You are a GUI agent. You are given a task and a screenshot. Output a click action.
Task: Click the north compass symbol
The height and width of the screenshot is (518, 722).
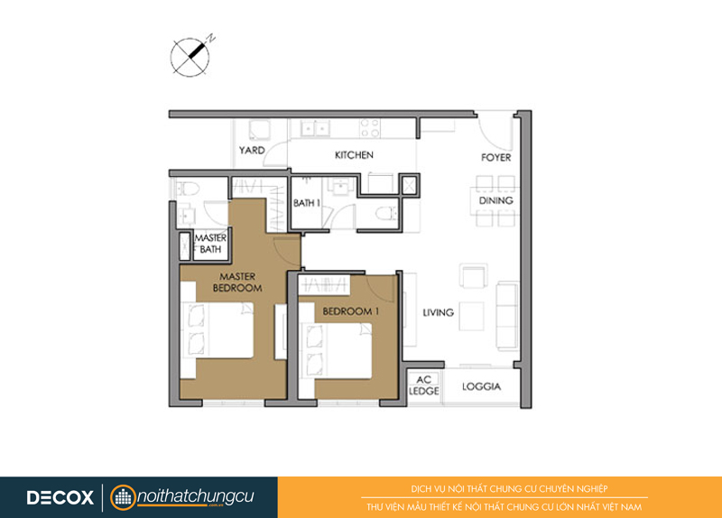[x=190, y=57]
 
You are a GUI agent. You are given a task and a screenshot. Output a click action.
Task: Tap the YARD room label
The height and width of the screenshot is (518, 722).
[x=252, y=150]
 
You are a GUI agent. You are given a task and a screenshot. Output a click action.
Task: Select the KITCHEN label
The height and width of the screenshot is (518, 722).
[x=354, y=155]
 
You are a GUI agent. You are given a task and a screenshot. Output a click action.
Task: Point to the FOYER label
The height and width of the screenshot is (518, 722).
[x=495, y=157]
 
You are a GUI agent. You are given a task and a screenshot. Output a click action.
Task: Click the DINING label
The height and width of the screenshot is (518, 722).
[x=495, y=200]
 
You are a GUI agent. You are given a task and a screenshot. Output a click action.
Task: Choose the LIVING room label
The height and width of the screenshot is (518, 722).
[x=439, y=312]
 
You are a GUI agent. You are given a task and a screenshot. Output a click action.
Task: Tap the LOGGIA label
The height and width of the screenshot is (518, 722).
[x=481, y=387]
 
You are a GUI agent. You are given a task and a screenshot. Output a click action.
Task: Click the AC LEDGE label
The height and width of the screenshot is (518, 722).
[x=424, y=385]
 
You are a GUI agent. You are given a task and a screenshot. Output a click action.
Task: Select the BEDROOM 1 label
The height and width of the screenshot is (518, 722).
[x=351, y=311]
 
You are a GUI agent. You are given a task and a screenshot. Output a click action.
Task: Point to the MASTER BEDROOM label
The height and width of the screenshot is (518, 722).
[x=237, y=282]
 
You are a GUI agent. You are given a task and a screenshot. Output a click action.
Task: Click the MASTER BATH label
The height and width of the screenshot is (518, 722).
[x=210, y=244]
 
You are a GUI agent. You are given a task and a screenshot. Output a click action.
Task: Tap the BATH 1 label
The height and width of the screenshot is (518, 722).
[x=307, y=203]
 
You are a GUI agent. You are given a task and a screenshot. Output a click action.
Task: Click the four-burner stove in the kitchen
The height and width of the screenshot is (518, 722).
[x=370, y=128]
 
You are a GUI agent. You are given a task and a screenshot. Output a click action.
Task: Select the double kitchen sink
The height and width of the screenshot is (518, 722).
[x=315, y=128]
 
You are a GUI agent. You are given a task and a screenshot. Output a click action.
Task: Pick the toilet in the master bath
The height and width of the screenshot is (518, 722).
[x=188, y=189]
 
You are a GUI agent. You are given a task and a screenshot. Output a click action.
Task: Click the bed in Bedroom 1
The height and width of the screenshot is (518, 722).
[x=336, y=351]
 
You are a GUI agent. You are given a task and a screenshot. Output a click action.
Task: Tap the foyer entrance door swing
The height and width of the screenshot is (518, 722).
[x=494, y=130]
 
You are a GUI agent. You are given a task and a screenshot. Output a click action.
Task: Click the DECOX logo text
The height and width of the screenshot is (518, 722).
[x=60, y=497]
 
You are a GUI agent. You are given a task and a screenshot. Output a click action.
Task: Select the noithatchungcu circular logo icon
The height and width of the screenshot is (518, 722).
[x=123, y=497]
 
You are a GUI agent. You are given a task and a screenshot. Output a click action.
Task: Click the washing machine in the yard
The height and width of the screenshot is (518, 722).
[x=260, y=131]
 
